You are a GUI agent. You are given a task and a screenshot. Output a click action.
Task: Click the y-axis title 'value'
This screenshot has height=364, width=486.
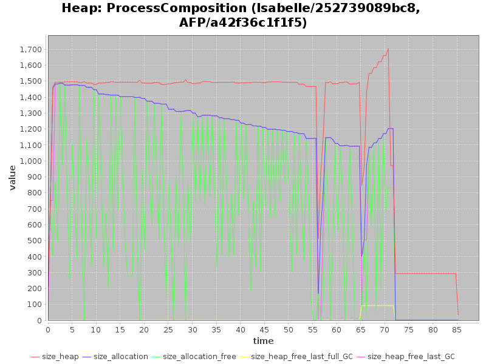13,177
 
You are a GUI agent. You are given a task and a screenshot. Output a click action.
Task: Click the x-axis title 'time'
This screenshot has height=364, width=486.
263,341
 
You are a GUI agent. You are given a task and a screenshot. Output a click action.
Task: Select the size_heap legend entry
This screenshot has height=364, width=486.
58,357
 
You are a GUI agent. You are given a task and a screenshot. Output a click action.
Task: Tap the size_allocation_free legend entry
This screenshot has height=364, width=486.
199,357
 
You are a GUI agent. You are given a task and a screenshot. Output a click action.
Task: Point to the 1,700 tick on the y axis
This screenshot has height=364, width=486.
30,49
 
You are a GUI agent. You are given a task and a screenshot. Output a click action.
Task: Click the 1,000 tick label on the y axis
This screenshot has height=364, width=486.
30,161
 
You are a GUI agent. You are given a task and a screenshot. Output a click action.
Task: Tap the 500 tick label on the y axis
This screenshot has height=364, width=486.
35,240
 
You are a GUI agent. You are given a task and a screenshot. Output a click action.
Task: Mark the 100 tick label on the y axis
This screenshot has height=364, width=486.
35,305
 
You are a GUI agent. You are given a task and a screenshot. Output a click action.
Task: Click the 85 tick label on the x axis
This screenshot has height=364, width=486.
457,329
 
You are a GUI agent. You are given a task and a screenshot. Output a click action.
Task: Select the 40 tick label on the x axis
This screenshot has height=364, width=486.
241,329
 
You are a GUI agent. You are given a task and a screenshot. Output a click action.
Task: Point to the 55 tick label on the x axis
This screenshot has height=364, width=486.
313,329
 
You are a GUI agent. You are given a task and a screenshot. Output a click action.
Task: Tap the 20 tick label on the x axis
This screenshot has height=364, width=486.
145,329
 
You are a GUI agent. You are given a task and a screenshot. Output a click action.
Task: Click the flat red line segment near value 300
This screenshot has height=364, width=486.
425,274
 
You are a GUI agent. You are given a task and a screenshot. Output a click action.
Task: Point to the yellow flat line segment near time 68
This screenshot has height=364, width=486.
377,306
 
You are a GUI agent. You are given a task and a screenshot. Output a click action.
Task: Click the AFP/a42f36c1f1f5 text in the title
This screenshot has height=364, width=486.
243,23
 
